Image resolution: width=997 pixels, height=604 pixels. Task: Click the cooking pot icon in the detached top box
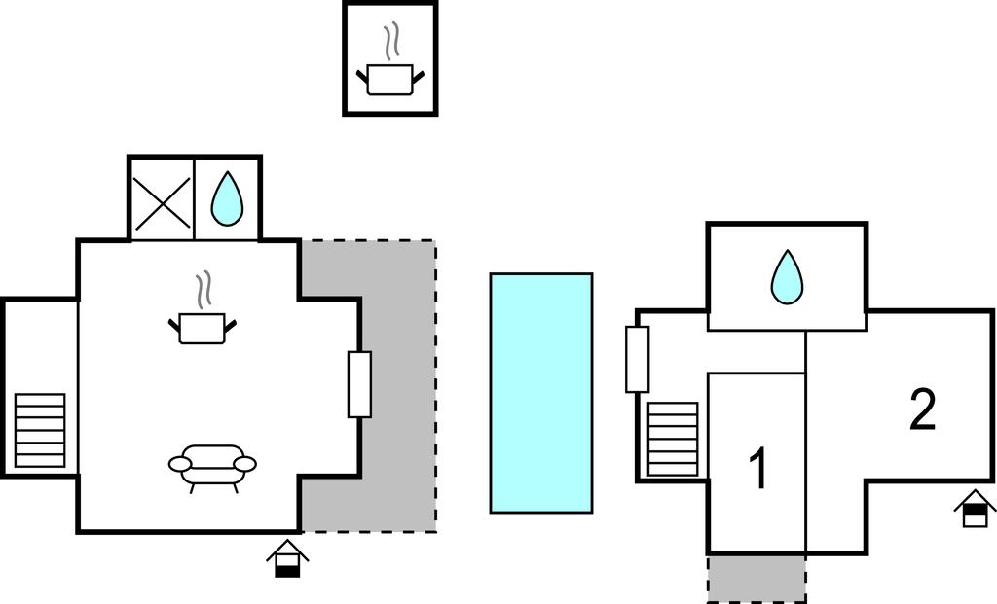[x=389, y=79]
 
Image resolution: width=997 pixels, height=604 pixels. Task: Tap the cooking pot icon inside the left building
[x=203, y=327]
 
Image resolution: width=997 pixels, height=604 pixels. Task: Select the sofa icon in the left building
[x=212, y=465]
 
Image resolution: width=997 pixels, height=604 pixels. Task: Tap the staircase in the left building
[x=40, y=430]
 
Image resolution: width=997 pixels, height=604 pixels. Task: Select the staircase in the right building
[x=673, y=439]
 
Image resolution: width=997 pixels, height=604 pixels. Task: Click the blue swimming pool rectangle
[x=540, y=392]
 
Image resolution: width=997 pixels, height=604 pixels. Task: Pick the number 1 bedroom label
[x=757, y=469]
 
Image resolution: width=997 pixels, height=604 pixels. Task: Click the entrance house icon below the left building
[x=287, y=559]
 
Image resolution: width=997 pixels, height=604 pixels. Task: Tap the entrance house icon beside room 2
[x=975, y=509]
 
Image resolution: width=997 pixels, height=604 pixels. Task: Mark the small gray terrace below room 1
[x=757, y=579]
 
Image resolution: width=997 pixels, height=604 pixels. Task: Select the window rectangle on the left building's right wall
[x=359, y=383]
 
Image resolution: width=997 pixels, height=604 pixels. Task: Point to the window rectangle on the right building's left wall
[x=637, y=359]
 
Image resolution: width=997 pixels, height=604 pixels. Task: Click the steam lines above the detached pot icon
[x=390, y=42]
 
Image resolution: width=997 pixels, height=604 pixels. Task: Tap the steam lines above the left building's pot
[x=203, y=289]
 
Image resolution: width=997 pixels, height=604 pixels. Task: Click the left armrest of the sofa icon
[x=180, y=464]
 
